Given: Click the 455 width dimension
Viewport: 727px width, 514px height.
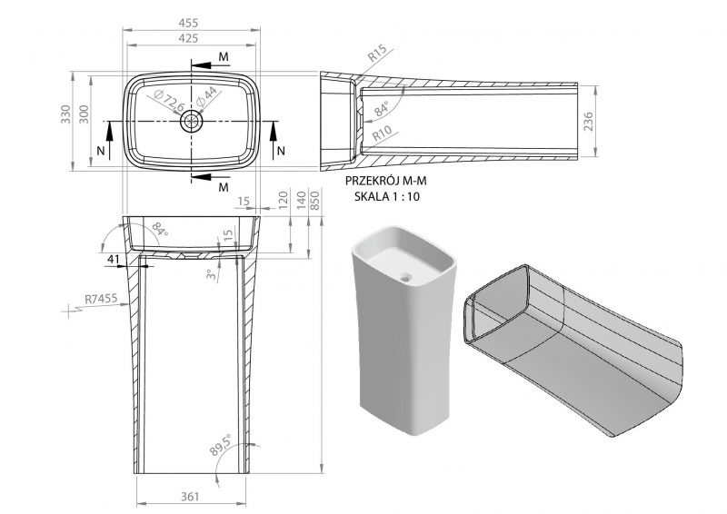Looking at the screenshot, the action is tap(188, 22).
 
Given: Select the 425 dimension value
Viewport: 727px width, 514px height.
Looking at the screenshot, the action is tap(188, 38).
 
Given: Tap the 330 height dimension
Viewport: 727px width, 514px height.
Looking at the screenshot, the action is tap(65, 114).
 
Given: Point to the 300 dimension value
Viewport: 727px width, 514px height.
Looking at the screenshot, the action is tap(84, 114).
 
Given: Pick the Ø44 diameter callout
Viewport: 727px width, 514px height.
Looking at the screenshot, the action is tap(206, 97).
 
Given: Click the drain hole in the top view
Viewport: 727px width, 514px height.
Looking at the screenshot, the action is tap(192, 122).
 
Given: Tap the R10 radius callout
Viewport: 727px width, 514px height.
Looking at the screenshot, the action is tap(382, 133).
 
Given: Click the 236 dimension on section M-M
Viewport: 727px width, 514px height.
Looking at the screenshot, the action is tap(588, 122).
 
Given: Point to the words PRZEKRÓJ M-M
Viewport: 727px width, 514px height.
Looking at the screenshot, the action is tap(385, 181).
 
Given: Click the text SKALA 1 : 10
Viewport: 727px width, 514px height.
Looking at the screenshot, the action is tap(387, 196).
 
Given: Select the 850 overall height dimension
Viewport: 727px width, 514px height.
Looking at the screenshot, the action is tap(314, 200).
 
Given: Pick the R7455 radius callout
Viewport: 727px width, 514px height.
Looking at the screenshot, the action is tap(102, 299).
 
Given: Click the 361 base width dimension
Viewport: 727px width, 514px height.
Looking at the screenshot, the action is tap(190, 497).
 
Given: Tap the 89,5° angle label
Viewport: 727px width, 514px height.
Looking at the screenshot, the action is tap(220, 446).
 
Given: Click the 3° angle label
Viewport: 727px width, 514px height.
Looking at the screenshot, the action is tap(212, 275).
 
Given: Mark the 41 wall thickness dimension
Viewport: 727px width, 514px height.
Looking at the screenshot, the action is tap(114, 259).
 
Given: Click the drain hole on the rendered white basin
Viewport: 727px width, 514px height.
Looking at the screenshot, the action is tap(406, 279).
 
